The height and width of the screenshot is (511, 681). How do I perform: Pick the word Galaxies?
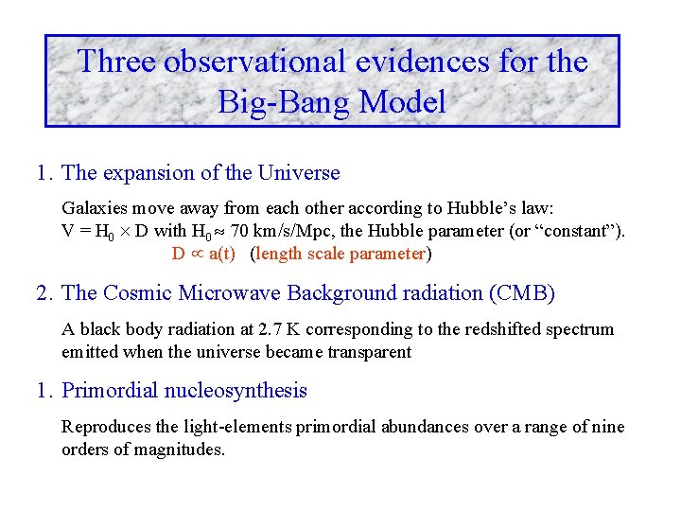click(x=93, y=208)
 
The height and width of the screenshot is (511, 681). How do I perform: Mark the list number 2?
click(x=44, y=293)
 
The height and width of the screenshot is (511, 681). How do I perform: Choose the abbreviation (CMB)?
click(x=521, y=293)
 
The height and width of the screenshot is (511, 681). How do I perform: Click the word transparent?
click(x=367, y=352)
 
